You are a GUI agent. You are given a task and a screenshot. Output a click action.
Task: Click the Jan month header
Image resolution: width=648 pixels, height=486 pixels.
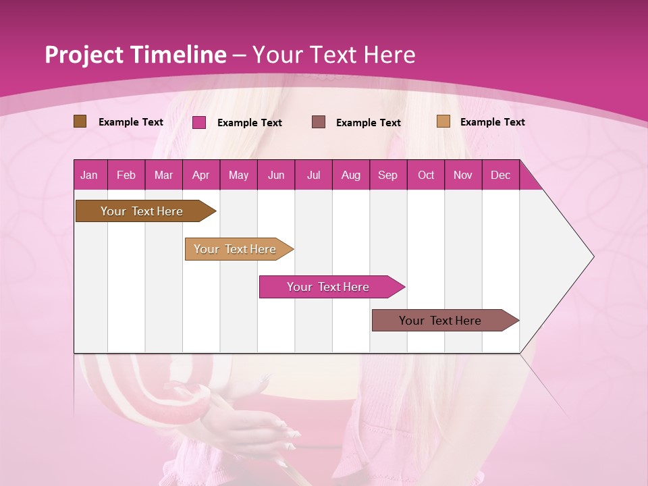(90, 175)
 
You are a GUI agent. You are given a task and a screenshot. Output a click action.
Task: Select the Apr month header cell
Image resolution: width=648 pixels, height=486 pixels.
(201, 175)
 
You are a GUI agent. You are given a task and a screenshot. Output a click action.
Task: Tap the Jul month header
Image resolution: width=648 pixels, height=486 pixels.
(313, 175)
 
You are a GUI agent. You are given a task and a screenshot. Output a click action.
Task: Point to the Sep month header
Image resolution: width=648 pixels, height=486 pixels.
(387, 175)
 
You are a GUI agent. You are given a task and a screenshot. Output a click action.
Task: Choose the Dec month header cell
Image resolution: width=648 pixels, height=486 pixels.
(500, 175)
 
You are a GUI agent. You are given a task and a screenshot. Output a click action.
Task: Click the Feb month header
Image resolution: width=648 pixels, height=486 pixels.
(126, 175)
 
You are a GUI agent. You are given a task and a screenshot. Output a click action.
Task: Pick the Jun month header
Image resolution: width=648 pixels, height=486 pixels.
(276, 175)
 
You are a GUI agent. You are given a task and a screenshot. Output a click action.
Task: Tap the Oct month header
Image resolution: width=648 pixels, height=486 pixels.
(426, 175)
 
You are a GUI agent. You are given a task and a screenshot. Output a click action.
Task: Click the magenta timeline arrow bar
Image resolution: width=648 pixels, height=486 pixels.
(329, 287)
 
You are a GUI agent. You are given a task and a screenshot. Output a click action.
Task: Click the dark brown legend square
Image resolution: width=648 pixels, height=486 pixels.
(80, 122)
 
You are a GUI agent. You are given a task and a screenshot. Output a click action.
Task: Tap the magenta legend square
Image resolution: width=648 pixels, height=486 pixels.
(199, 122)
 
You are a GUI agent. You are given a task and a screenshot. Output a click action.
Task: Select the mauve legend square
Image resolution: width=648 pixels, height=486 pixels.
(319, 122)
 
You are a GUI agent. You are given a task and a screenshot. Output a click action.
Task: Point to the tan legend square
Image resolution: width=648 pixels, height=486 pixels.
(443, 122)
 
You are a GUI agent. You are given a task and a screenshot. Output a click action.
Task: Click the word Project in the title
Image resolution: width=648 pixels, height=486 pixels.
(84, 55)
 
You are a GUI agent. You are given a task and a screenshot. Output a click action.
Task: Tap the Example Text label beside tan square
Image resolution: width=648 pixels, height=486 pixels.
(493, 122)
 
